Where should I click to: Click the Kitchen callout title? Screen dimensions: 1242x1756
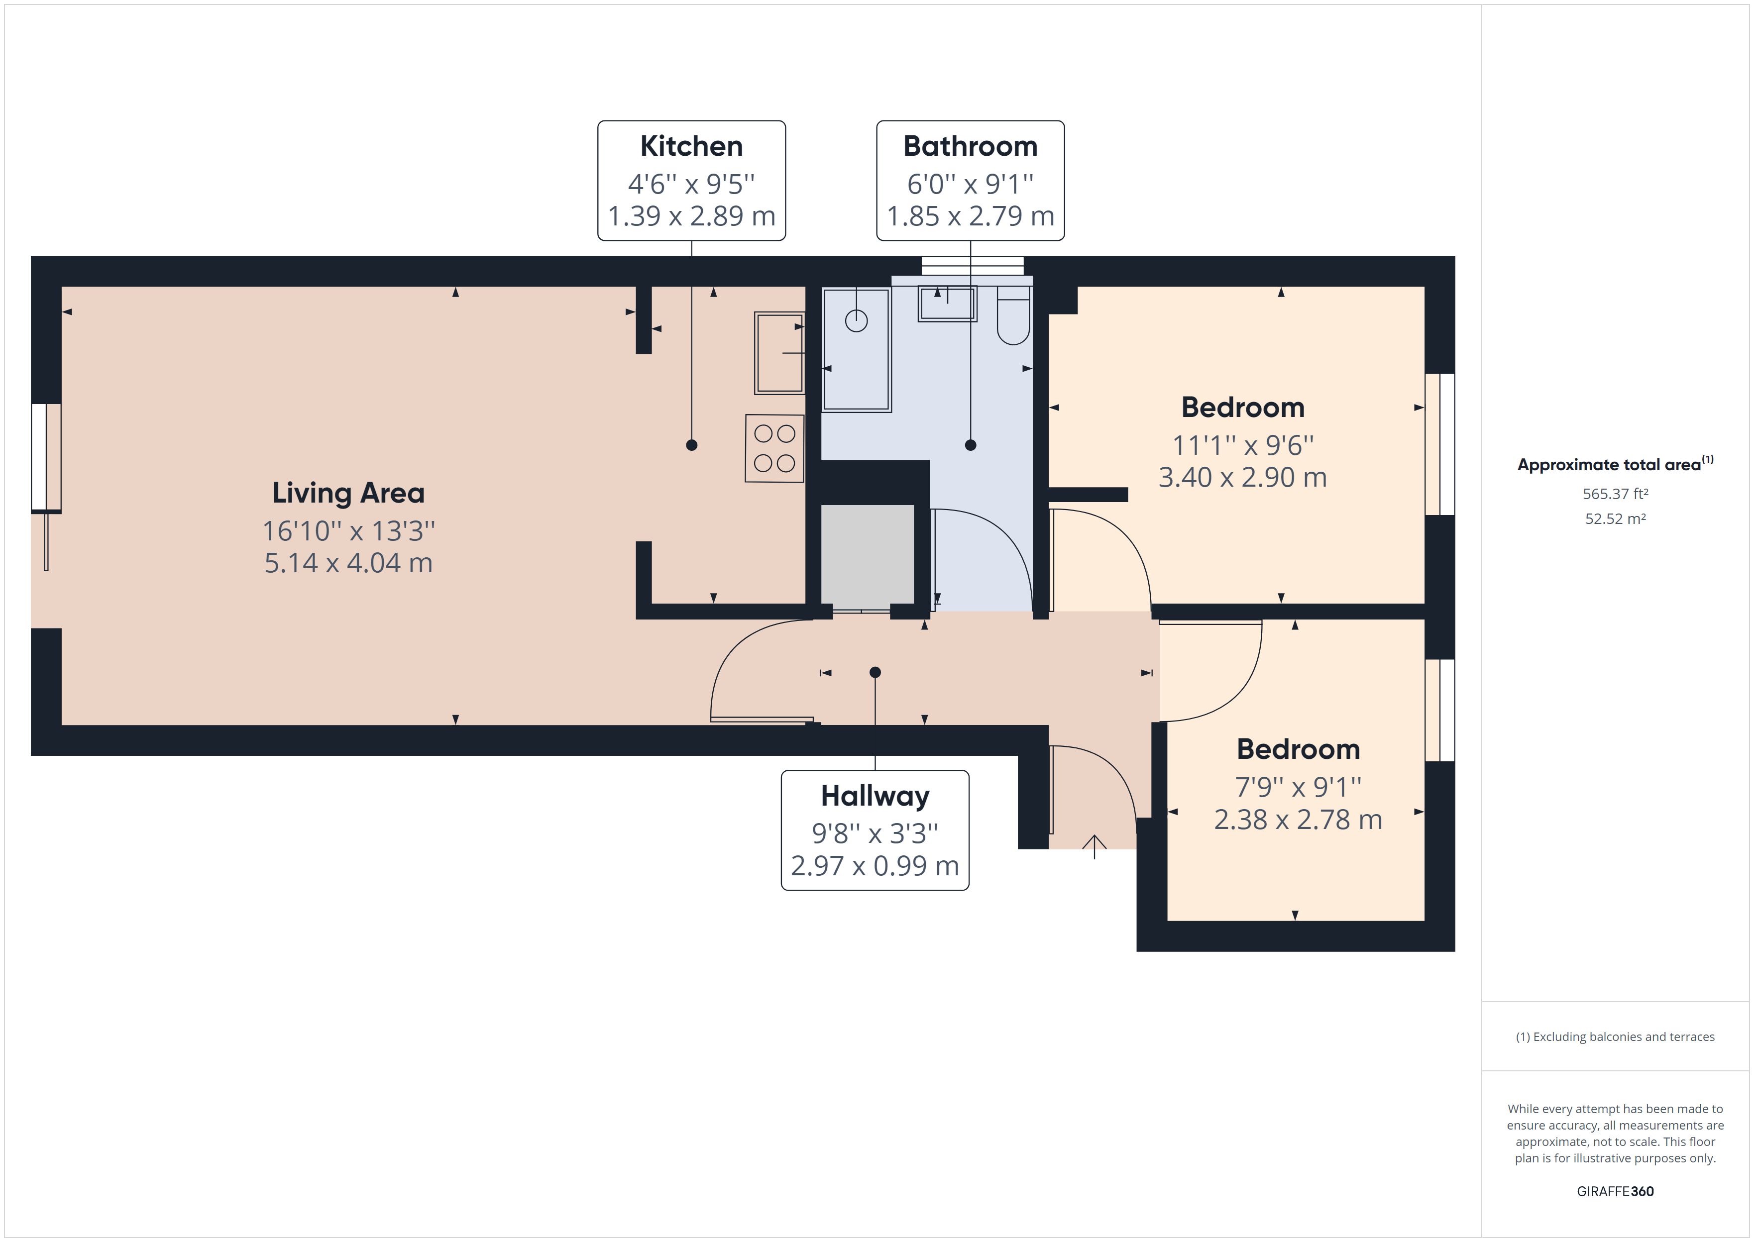691,146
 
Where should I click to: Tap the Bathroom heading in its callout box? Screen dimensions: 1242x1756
970,146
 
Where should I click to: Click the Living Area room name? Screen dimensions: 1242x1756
348,493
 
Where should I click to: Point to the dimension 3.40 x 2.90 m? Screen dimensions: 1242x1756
1242,477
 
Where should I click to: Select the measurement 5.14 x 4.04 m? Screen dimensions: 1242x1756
348,563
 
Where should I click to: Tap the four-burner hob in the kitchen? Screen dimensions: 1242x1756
774,448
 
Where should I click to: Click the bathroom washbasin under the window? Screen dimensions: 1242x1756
947,304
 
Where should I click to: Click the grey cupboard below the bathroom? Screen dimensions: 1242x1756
867,554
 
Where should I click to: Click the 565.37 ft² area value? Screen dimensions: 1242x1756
1615,494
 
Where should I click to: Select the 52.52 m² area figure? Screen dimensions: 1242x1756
1615,518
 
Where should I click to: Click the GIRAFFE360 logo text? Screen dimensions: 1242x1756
1615,1191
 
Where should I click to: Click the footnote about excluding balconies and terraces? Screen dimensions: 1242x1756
1615,1037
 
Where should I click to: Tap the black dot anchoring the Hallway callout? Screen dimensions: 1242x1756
875,672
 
